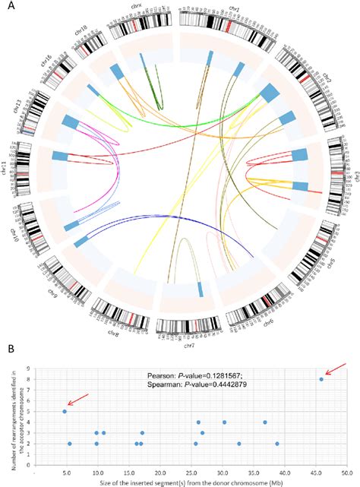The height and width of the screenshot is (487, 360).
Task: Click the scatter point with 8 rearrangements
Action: [x=322, y=379]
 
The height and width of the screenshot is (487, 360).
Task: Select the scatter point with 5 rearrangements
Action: [x=65, y=411]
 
